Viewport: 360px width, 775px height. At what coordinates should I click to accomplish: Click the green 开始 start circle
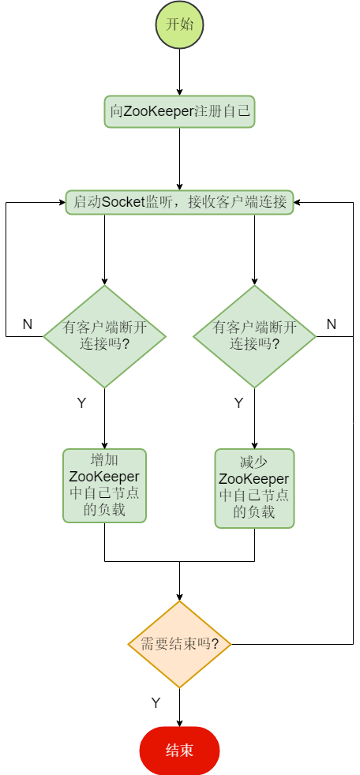point(179,24)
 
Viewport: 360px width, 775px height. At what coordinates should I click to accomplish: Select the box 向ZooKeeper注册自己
point(179,111)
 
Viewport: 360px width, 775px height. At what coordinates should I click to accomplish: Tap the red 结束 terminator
point(179,751)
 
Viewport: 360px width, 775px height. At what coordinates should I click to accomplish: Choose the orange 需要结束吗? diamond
point(179,644)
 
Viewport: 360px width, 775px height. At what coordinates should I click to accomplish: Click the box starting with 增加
point(104,485)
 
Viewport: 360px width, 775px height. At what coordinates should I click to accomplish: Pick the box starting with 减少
point(254,488)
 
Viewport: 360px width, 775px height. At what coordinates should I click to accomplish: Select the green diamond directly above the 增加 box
point(104,336)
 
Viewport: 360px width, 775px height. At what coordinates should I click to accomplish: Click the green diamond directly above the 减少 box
point(254,336)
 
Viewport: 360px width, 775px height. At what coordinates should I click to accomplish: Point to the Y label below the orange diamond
point(156,702)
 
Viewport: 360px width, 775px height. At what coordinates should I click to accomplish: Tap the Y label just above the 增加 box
point(81,403)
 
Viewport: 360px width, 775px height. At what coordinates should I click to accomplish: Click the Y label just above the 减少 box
point(238,403)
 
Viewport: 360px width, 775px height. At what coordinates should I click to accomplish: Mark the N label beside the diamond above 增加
point(27,324)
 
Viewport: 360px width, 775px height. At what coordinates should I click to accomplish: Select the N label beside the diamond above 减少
point(331,324)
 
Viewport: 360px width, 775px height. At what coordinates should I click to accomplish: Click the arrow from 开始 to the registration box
point(179,72)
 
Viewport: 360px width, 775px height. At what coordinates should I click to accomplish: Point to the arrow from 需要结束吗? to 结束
point(179,706)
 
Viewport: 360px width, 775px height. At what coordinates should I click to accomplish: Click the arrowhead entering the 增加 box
point(104,444)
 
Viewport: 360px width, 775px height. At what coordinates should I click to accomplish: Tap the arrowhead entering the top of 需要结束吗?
point(179,596)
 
